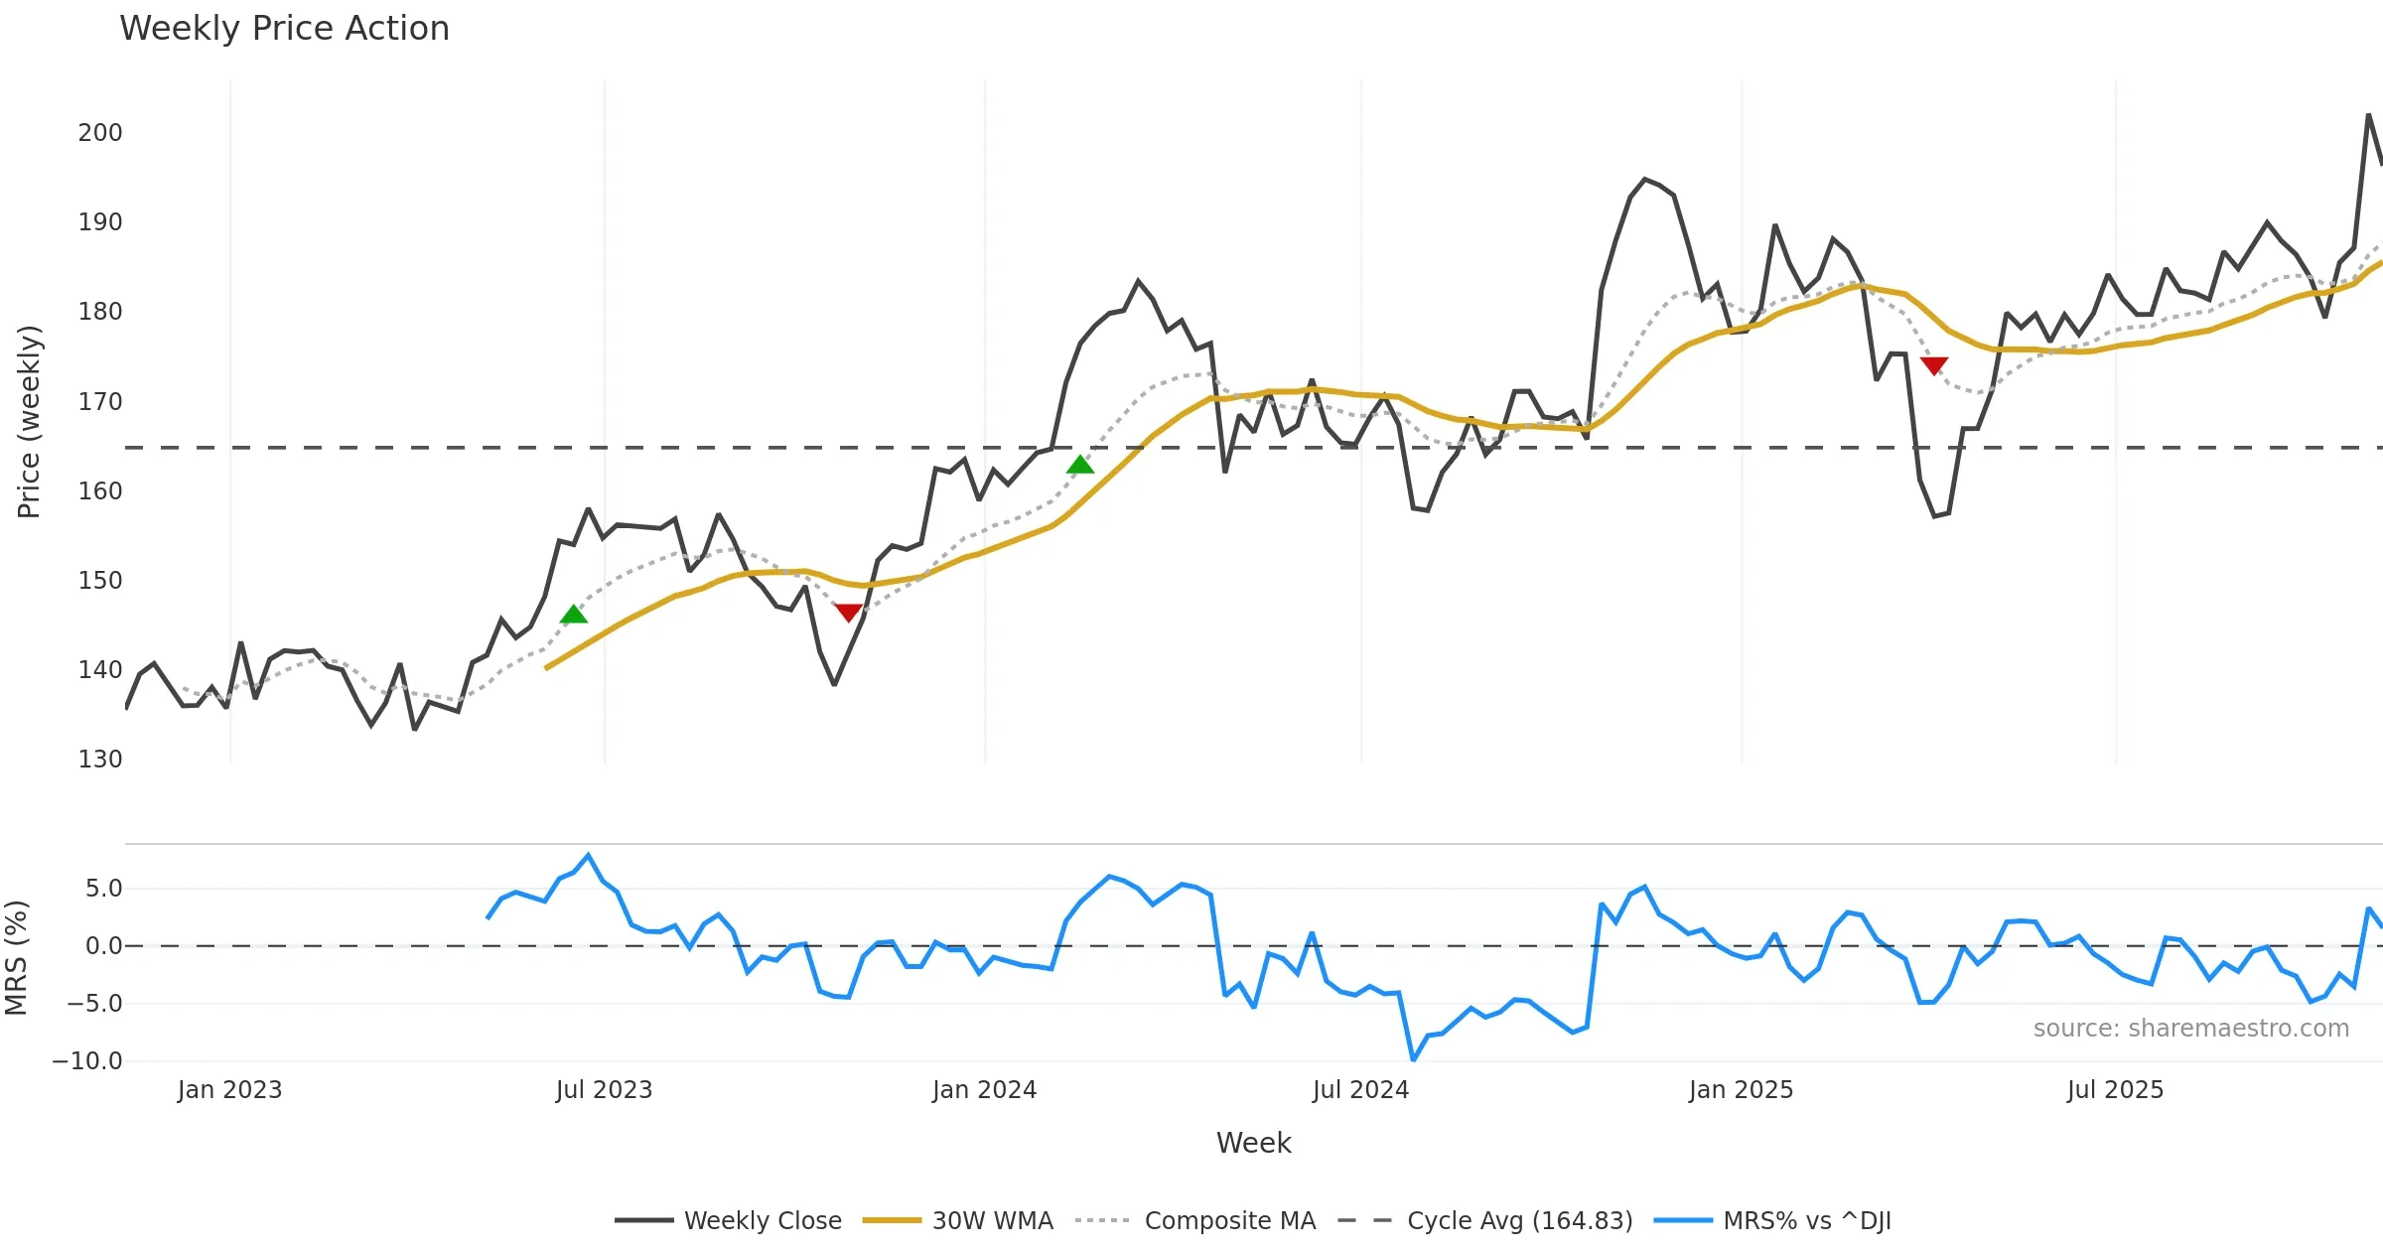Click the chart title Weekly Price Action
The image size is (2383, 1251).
(284, 29)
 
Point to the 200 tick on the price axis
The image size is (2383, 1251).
(100, 133)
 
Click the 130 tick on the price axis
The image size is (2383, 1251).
(100, 760)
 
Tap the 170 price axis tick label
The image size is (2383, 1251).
(100, 402)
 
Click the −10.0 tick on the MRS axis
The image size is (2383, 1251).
(87, 1061)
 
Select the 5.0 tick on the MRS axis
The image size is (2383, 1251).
(103, 889)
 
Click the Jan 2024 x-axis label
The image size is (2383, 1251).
(984, 1090)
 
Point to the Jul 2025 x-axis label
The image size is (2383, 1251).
(2115, 1090)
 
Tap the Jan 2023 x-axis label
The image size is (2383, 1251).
(229, 1090)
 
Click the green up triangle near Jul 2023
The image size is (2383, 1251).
(574, 615)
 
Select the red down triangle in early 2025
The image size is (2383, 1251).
(1934, 365)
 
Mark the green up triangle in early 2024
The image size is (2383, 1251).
(1080, 465)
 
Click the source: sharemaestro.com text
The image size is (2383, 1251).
(2190, 1029)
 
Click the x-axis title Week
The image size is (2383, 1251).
(1253, 1144)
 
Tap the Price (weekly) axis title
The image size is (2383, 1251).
(30, 422)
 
